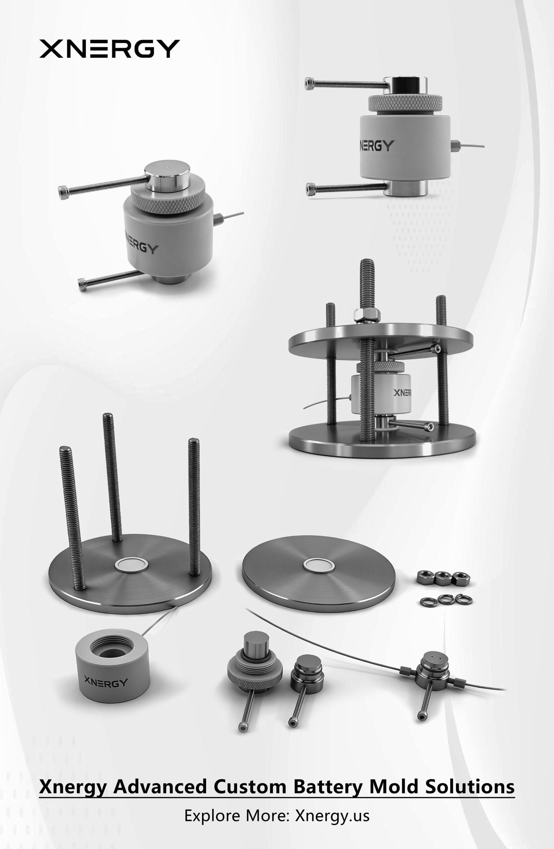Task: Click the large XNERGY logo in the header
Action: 109,48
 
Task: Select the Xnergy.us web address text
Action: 332,816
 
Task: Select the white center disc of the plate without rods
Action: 319,564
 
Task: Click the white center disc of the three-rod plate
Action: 131,565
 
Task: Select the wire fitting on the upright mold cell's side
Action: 455,146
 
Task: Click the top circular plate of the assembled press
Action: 381,341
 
